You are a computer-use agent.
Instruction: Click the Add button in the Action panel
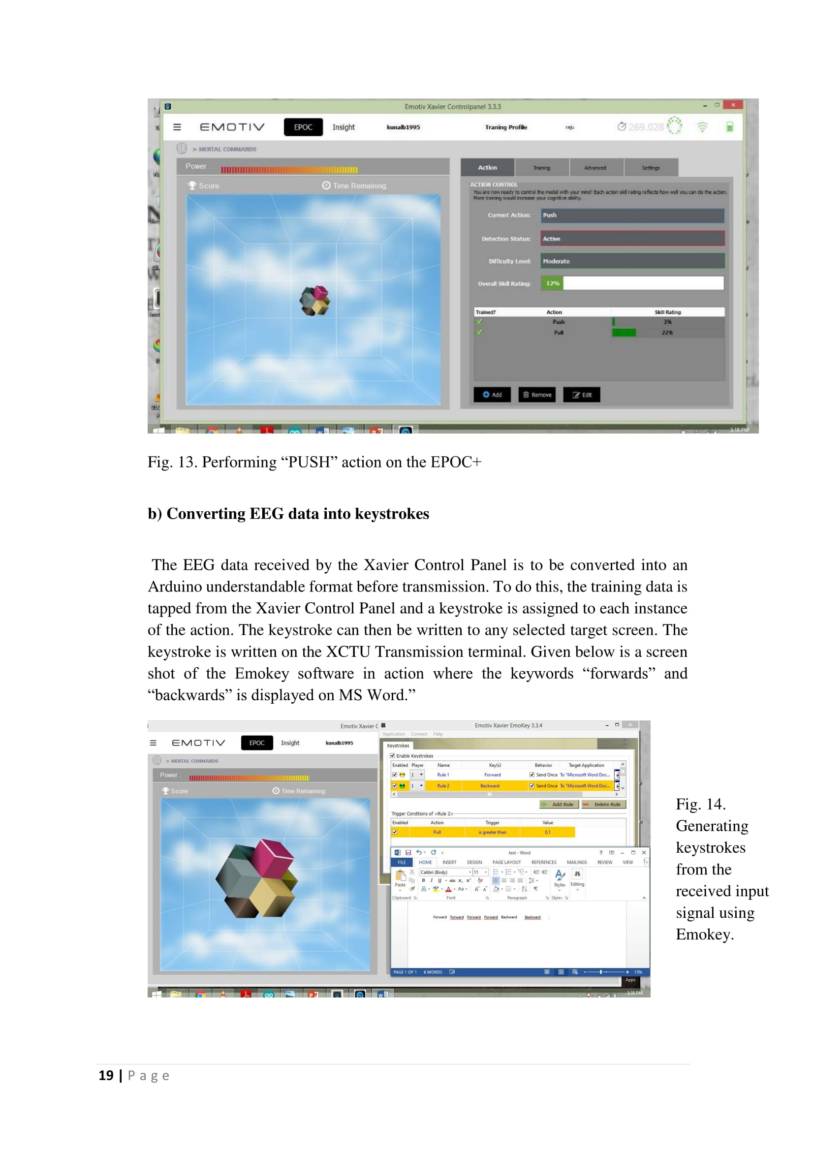tap(492, 395)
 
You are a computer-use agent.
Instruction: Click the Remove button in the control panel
tap(537, 395)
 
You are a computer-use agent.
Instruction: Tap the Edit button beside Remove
tap(581, 395)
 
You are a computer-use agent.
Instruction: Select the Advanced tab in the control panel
tap(595, 168)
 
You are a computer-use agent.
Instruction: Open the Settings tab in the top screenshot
tap(651, 168)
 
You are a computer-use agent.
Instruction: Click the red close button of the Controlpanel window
tap(733, 105)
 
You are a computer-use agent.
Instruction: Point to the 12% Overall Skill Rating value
tap(552, 283)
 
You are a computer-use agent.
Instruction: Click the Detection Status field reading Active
tap(632, 239)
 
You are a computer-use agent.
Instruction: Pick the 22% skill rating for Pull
tap(667, 332)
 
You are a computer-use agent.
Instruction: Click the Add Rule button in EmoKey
tap(559, 804)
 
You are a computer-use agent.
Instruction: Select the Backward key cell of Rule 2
tap(490, 785)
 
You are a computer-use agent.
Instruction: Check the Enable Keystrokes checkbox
tap(392, 755)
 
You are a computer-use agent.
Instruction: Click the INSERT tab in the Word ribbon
tap(449, 862)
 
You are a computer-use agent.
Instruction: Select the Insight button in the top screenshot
tap(344, 127)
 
